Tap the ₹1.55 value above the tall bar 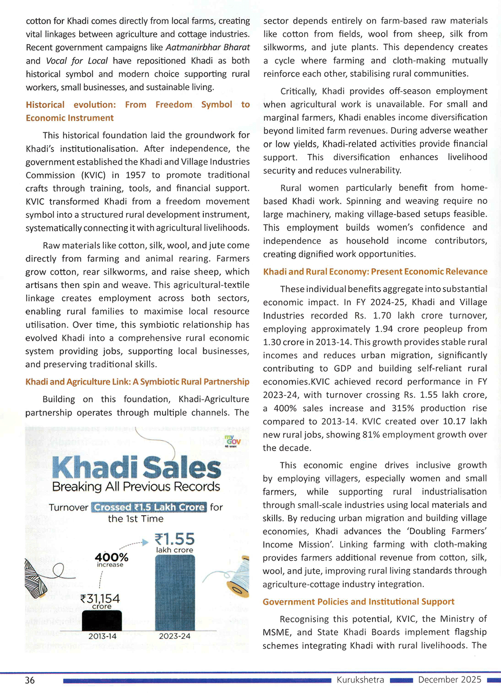pos(174,539)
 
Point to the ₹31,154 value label pos(100,599)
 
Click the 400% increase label pos(111,558)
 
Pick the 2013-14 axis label pos(102,636)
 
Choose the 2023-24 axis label pos(175,636)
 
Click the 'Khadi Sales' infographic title pos(136,467)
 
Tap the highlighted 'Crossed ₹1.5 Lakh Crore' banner pos(149,507)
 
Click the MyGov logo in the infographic pos(232,441)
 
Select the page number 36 pos(30,680)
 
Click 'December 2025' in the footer pos(449,679)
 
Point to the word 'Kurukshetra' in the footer pos(360,679)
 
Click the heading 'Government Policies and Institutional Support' pos(358,601)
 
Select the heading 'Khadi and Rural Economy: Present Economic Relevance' pos(375,272)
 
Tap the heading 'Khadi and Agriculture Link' pos(78,382)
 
